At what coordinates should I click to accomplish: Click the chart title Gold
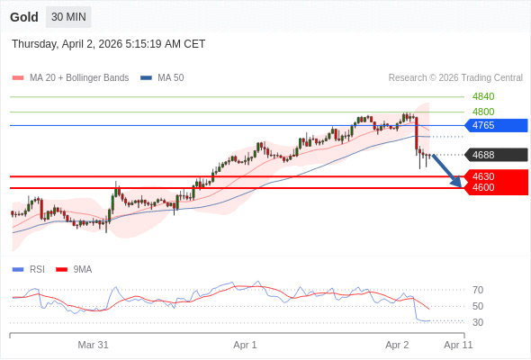(24, 17)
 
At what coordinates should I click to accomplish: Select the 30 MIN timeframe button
(68, 17)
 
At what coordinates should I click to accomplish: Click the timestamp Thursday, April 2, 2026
(108, 43)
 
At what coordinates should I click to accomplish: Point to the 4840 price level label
(483, 96)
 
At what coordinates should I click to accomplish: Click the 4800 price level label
(483, 112)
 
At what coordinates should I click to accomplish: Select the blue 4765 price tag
(495, 125)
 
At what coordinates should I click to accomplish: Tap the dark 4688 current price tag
(495, 155)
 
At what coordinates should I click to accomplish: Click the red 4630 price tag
(495, 176)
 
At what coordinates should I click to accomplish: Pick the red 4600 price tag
(495, 187)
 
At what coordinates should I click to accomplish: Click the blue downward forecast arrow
(447, 171)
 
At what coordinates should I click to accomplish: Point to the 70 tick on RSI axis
(478, 290)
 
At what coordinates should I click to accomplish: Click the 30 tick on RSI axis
(478, 322)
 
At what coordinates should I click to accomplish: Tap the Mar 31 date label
(93, 345)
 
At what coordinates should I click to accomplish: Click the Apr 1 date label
(245, 345)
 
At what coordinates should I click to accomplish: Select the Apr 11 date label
(458, 345)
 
